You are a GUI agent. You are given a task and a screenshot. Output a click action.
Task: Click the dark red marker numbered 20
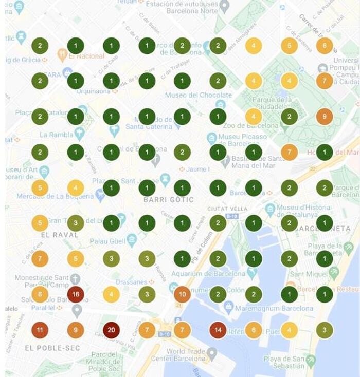pyautogui.click(x=111, y=330)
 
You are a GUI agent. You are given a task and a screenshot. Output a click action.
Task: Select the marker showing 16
pyautogui.click(x=76, y=294)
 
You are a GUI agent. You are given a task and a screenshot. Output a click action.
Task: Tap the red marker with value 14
pyautogui.click(x=218, y=330)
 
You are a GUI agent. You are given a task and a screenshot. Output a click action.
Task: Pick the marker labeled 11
pyautogui.click(x=40, y=330)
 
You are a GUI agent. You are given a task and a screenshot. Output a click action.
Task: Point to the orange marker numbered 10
pyautogui.click(x=182, y=294)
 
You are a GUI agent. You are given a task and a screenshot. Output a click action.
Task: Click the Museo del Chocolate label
pyautogui.click(x=199, y=95)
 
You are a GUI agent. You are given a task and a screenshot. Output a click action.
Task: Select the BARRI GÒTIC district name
pyautogui.click(x=168, y=199)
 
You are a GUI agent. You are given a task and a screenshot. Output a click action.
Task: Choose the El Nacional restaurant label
pyautogui.click(x=85, y=56)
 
